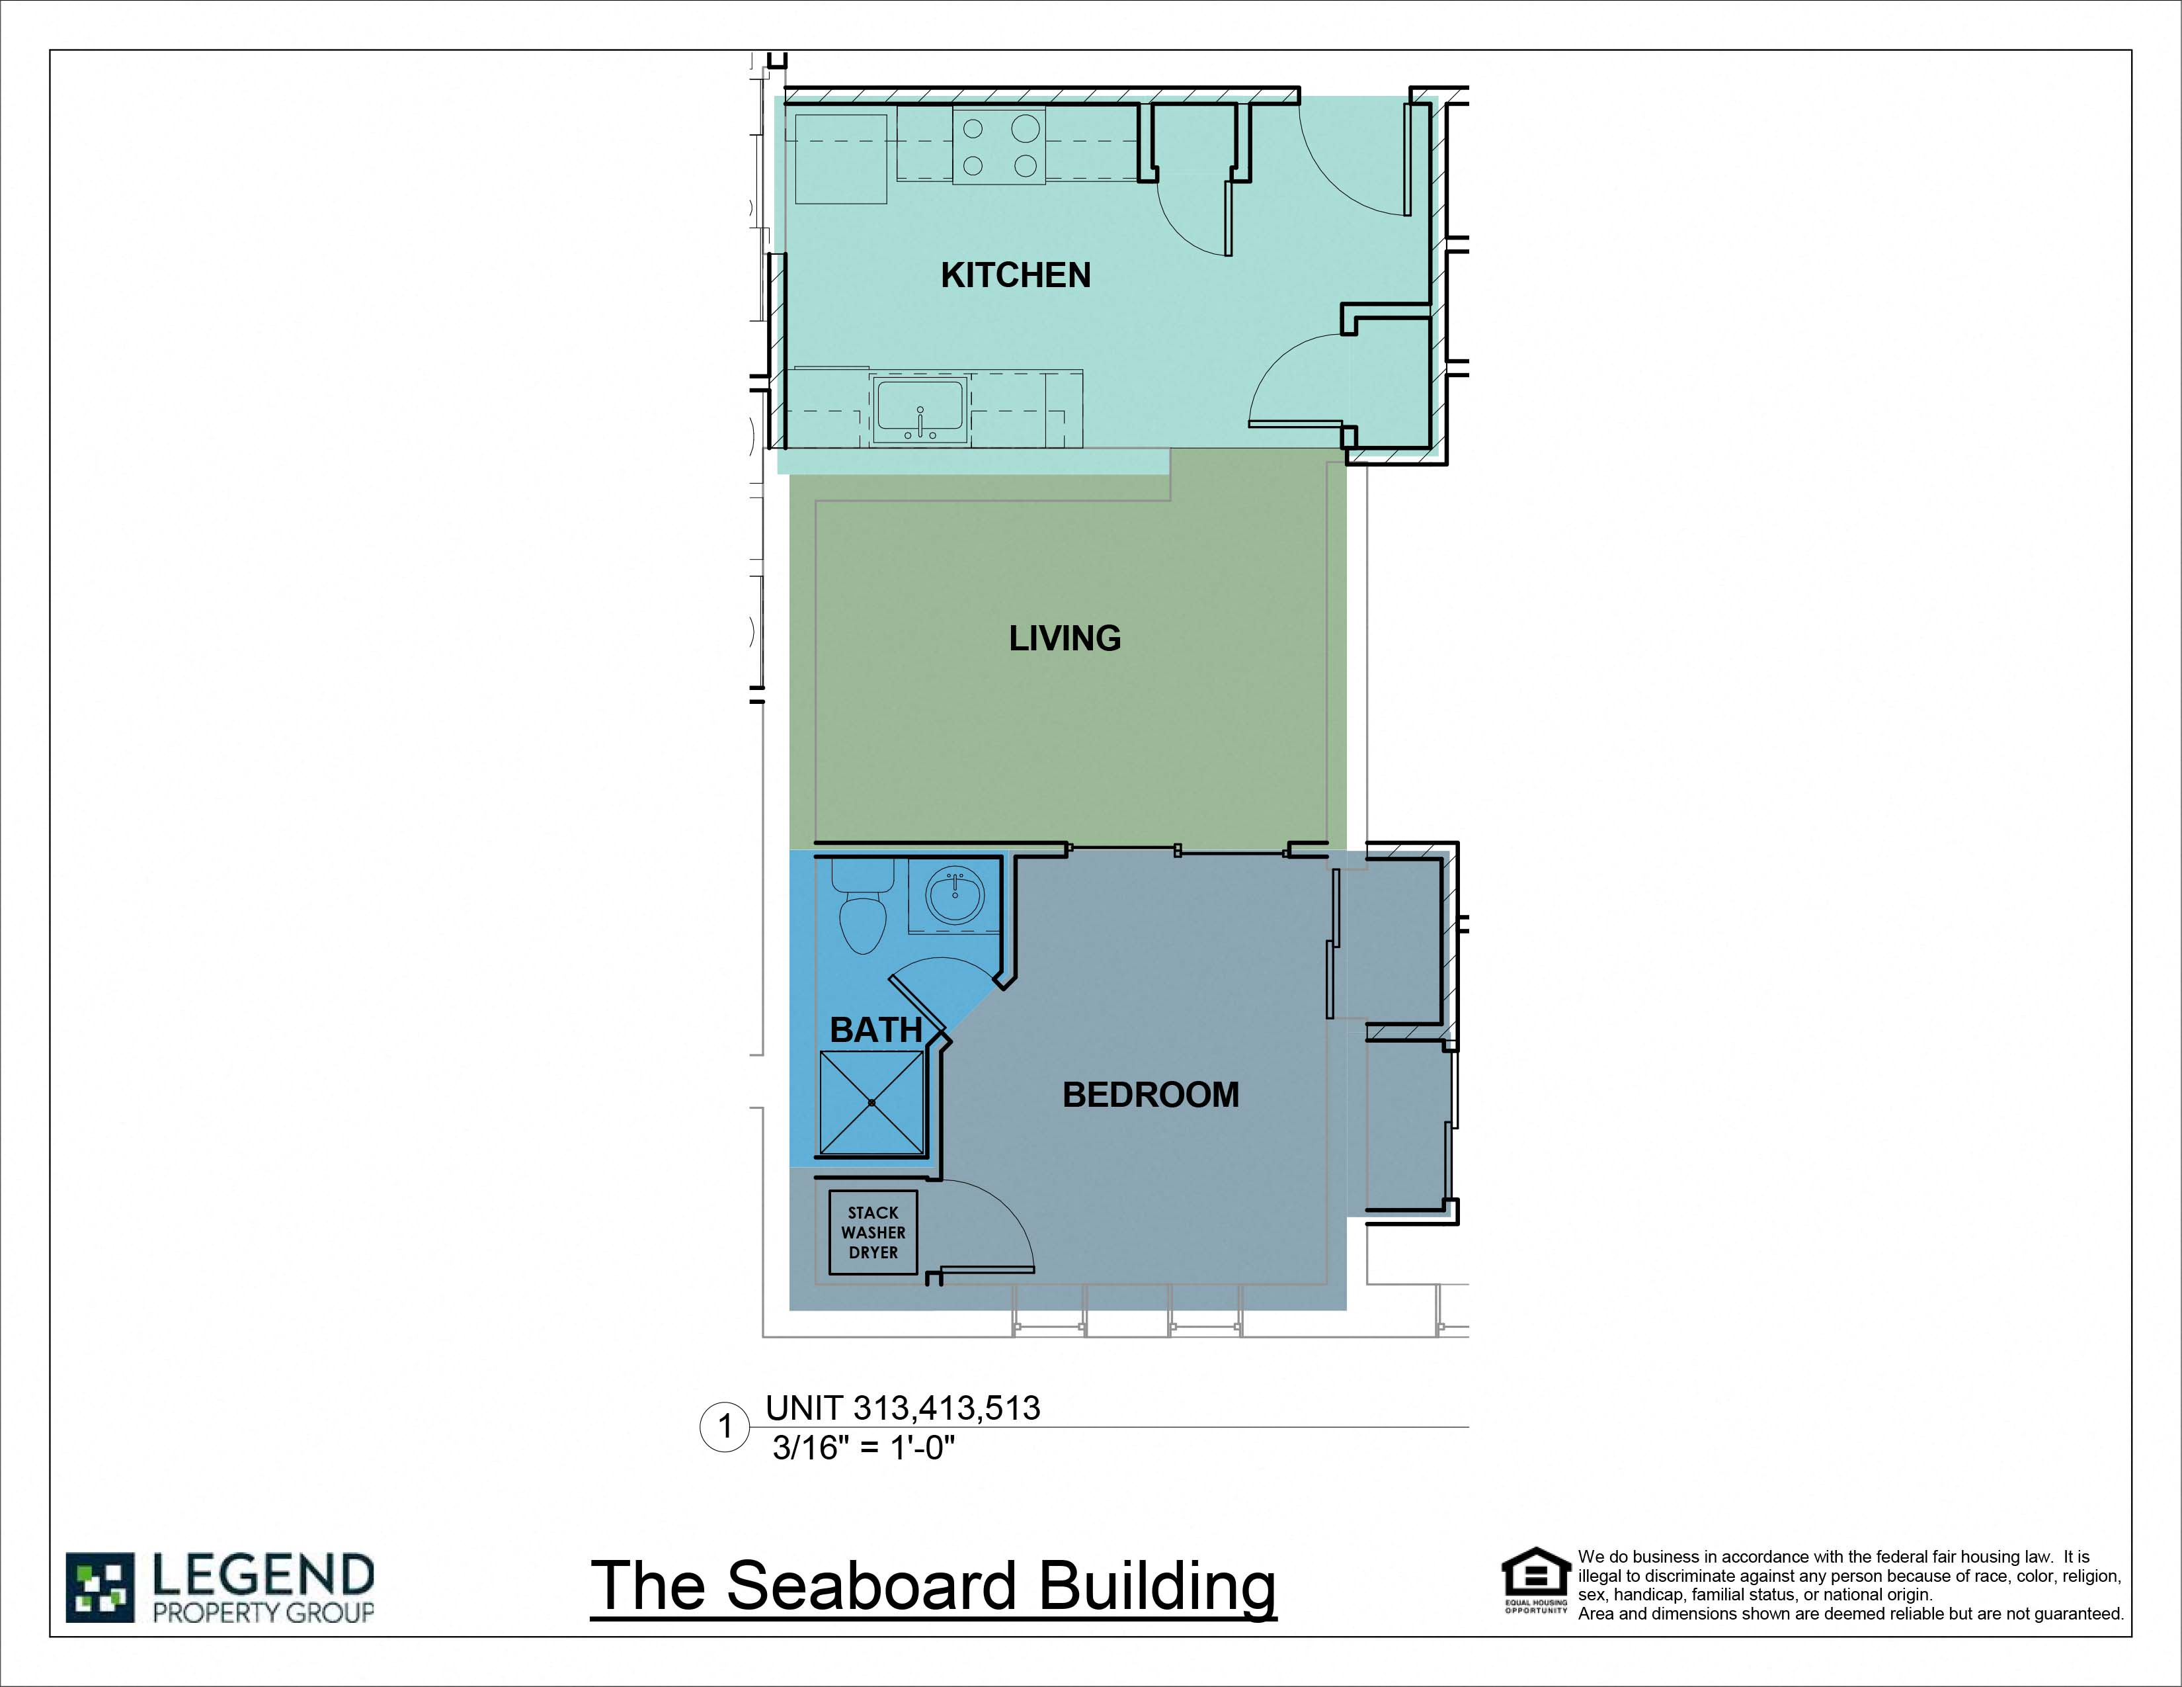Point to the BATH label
[x=875, y=1029]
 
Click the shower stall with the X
[x=872, y=1102]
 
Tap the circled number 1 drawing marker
[x=724, y=1427]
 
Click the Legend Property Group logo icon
[x=99, y=1587]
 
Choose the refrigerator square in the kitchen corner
[x=840, y=159]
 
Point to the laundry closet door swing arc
[x=999, y=1214]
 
